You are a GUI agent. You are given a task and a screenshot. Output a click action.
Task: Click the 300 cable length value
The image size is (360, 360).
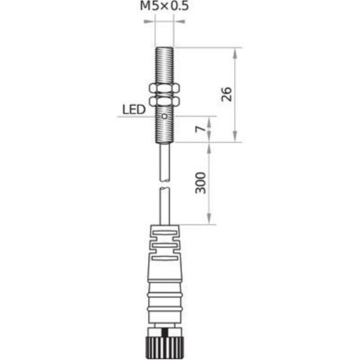(x=201, y=183)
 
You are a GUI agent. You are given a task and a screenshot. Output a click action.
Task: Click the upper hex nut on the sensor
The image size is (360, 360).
(x=164, y=87)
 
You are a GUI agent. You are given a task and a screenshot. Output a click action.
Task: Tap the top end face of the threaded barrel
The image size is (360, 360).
(x=164, y=48)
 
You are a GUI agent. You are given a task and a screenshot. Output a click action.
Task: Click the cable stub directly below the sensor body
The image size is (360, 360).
(x=164, y=160)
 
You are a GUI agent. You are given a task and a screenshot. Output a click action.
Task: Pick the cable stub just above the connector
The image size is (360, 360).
(x=164, y=206)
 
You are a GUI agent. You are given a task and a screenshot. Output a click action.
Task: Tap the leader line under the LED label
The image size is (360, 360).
(x=137, y=117)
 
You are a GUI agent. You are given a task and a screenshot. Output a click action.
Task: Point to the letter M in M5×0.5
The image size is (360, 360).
(x=145, y=7)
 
